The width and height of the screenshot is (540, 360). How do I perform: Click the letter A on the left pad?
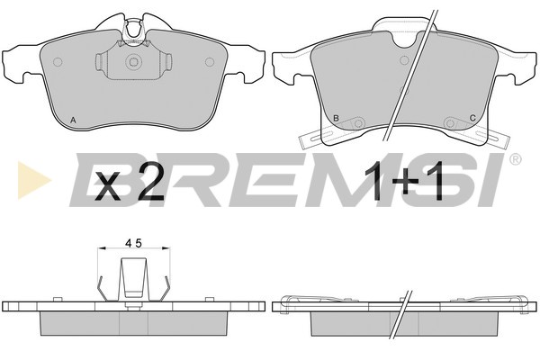tap(73, 121)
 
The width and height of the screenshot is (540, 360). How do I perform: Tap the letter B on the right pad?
tap(336, 118)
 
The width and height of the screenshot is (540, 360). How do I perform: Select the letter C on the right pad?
tap(472, 118)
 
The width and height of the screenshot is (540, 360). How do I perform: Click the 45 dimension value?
tap(133, 244)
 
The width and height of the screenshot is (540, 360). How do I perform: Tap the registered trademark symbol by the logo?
tap(515, 158)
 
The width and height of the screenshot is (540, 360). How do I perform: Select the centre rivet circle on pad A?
tap(133, 62)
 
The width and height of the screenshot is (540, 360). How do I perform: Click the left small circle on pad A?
tap(58, 62)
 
